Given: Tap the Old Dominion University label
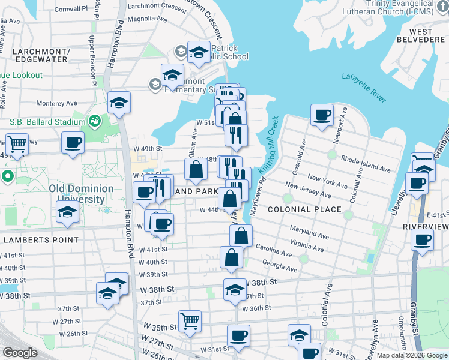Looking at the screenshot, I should point(82,193).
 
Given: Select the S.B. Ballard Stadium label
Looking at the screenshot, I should point(47,122).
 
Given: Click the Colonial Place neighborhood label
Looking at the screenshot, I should point(304,209).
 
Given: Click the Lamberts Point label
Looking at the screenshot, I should point(40,240).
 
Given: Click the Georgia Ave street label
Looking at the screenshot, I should point(280,267).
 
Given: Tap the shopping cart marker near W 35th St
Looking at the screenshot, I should point(190,320).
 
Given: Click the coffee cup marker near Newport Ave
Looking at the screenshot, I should point(322,114).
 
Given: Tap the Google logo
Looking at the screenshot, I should point(19,353).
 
